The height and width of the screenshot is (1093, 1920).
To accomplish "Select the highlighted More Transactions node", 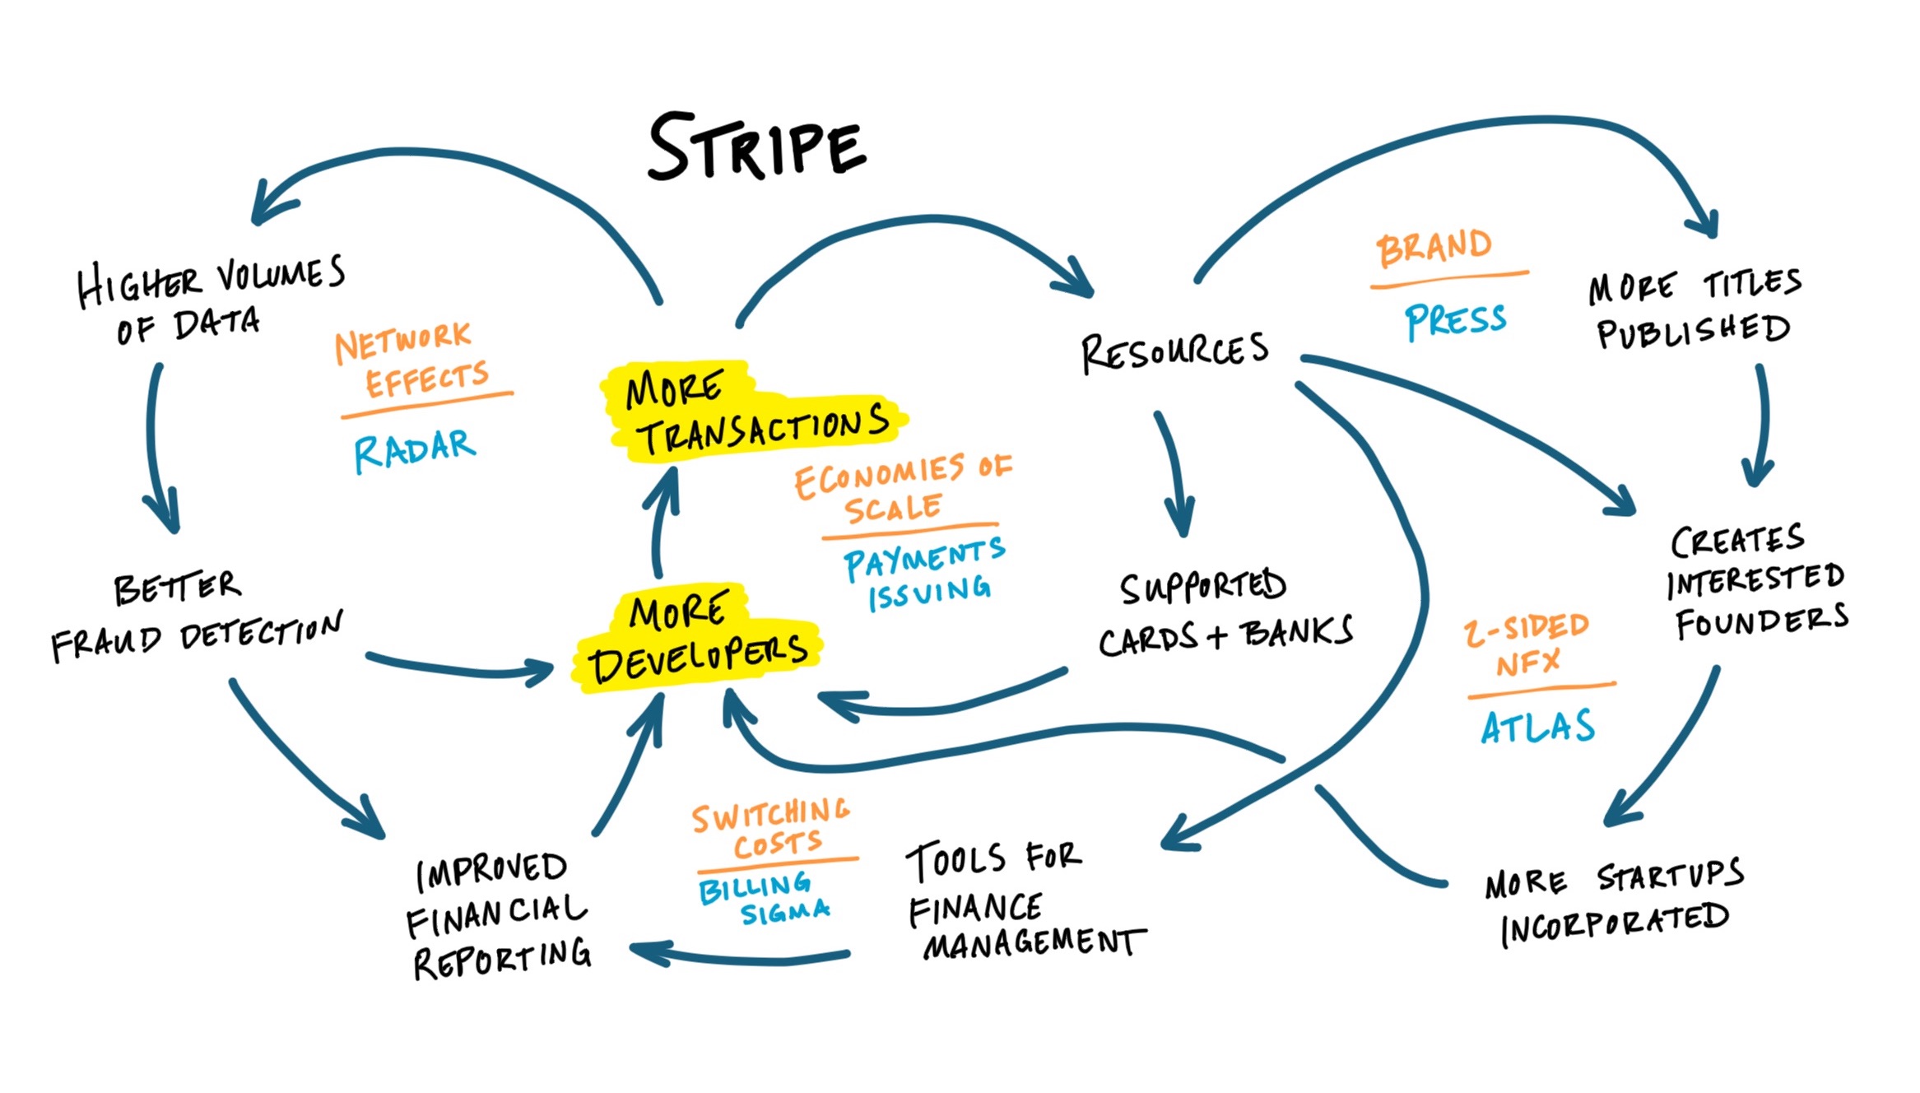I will point(755,412).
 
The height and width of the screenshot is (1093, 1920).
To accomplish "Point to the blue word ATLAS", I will point(1537,727).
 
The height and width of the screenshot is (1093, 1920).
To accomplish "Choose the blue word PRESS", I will point(1455,320).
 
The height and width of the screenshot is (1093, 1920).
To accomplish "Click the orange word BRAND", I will point(1434,247).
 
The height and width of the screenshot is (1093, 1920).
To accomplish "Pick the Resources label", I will point(1174,351).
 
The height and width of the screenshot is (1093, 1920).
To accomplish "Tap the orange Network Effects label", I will point(411,359).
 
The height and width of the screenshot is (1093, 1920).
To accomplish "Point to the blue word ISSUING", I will point(929,593).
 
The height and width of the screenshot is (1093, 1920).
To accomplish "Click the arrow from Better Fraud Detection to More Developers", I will point(461,668).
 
